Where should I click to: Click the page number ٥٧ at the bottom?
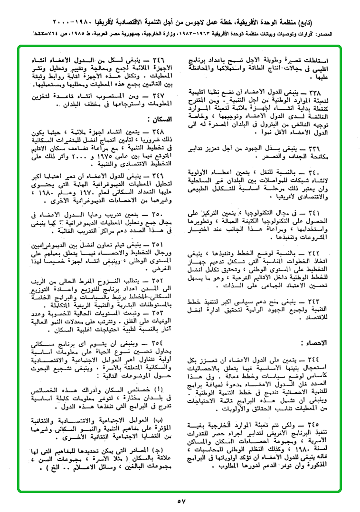pyautogui.click(x=181, y=501)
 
